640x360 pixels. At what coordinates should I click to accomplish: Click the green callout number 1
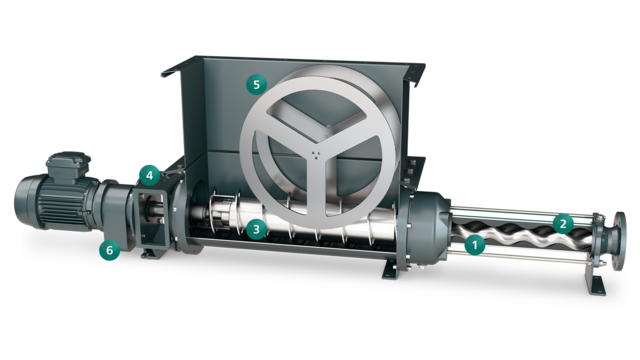pos(476,241)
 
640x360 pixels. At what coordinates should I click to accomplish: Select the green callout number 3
pos(257,229)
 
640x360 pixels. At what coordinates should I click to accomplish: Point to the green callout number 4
pos(149,175)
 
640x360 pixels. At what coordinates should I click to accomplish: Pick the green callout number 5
pos(257,86)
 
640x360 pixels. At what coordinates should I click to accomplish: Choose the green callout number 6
pos(107,251)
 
